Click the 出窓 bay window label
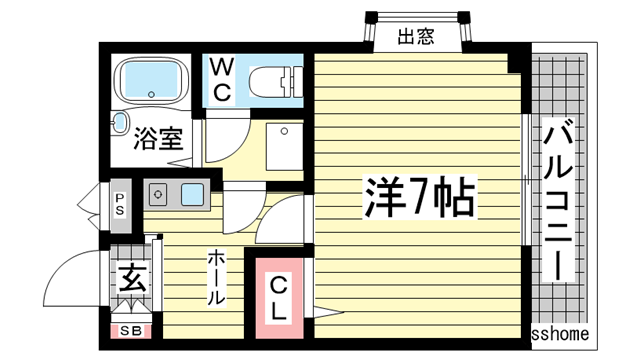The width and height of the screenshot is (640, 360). [x=415, y=38]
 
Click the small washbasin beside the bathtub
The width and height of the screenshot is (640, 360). [x=119, y=123]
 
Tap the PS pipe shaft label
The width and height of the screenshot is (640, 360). [x=119, y=205]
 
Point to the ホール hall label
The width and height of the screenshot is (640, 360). [x=215, y=278]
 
